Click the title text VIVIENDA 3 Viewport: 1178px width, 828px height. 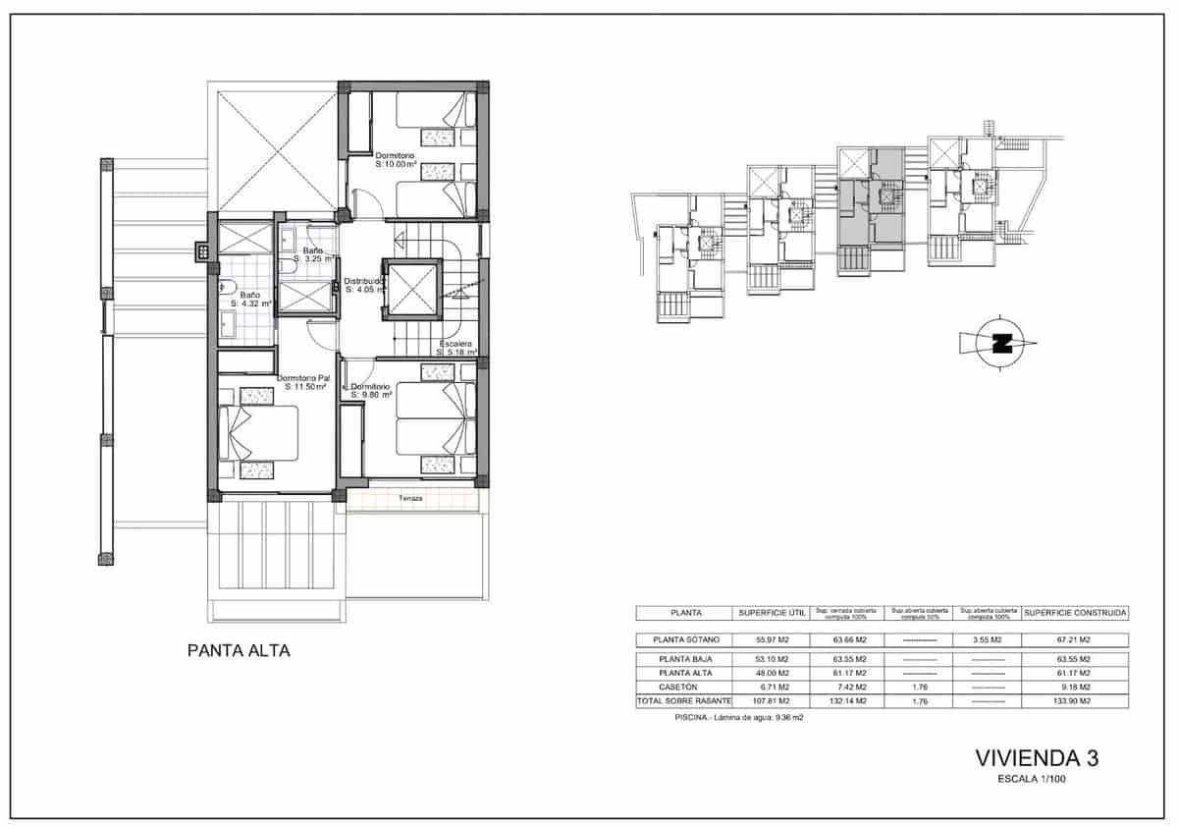click(x=1037, y=757)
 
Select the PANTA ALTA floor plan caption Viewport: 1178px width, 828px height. click(x=239, y=650)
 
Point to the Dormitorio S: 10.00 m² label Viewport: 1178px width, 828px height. click(x=406, y=160)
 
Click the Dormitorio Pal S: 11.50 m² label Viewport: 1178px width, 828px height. click(x=303, y=382)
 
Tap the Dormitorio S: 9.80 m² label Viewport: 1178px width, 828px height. click(x=371, y=391)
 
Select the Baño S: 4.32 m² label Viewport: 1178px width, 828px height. click(x=249, y=299)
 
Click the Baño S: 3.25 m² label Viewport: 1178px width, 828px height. click(x=313, y=254)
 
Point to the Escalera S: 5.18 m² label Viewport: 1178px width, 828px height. click(x=456, y=348)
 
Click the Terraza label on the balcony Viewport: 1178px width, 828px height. click(x=410, y=499)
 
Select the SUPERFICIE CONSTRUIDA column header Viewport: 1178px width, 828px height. click(x=1075, y=613)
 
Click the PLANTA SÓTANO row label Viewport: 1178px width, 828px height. click(x=685, y=639)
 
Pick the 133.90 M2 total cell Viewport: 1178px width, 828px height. click(x=1075, y=702)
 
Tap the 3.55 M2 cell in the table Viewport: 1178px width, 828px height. click(x=987, y=639)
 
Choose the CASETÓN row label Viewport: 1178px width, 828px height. click(x=685, y=687)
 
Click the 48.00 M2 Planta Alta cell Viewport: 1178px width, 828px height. click(x=772, y=673)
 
